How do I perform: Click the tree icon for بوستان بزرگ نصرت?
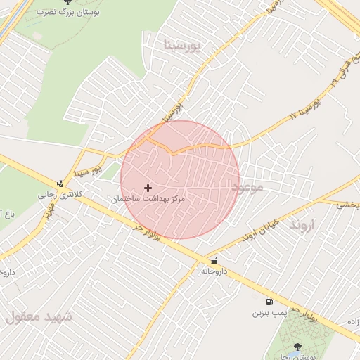pos(67,2)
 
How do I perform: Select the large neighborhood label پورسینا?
pos(182,46)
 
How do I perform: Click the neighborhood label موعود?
pos(247,187)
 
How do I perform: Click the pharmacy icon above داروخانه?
pos(214,260)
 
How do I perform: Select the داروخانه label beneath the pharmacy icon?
pos(214,271)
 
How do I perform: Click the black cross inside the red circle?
pos(148,188)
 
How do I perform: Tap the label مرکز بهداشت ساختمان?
pos(148,200)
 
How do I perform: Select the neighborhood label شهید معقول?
pos(39,316)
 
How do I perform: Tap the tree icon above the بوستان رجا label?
pos(297,347)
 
